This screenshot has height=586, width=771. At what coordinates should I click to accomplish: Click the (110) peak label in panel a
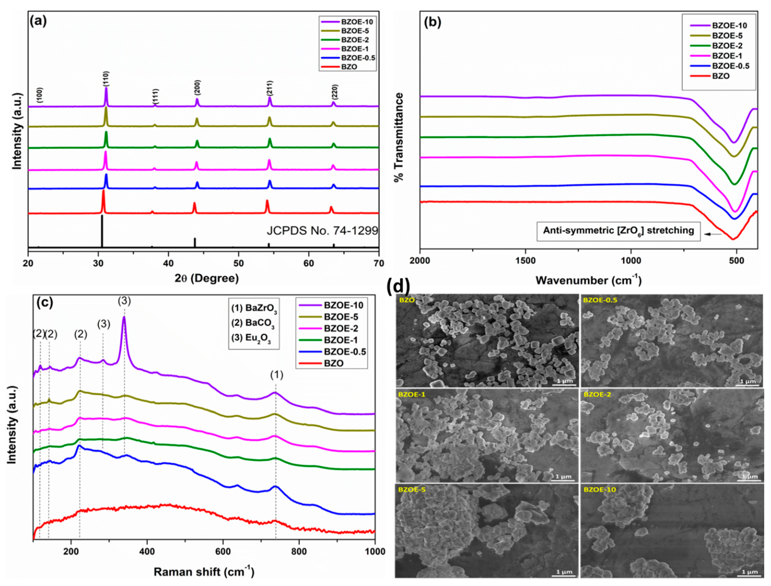pyautogui.click(x=106, y=79)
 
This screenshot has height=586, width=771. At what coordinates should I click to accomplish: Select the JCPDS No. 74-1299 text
pyautogui.click(x=322, y=231)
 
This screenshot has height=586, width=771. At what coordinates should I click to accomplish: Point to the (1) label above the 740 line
pyautogui.click(x=276, y=375)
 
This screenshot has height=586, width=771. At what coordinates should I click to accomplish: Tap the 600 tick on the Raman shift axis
pyautogui.click(x=223, y=551)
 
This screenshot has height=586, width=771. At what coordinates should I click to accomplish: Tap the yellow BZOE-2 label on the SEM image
pyautogui.click(x=595, y=394)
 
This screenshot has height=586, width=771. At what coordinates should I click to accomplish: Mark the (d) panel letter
pyautogui.click(x=398, y=287)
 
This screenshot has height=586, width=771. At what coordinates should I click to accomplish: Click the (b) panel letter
pyautogui.click(x=432, y=22)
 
